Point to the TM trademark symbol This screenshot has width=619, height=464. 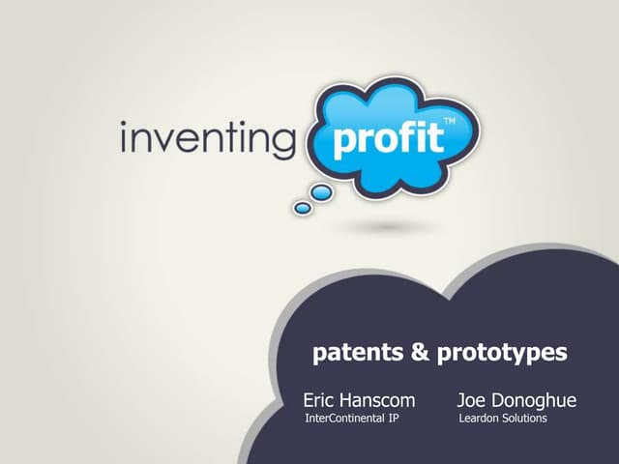[449, 122]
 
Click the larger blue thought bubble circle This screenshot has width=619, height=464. [321, 193]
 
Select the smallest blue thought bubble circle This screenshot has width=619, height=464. [302, 208]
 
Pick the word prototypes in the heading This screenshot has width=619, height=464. [502, 355]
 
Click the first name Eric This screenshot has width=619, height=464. [321, 399]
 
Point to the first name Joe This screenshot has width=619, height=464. [473, 399]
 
